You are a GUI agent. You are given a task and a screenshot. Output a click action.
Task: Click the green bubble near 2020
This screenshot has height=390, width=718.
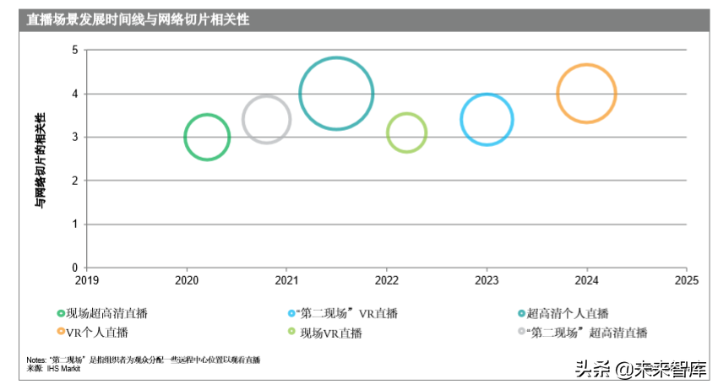(207, 137)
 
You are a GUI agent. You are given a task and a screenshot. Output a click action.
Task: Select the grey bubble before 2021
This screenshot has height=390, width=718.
(267, 120)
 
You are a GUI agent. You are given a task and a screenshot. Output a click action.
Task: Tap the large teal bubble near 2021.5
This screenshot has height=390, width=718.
(336, 94)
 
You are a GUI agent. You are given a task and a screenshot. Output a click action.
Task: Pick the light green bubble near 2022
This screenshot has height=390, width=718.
(406, 133)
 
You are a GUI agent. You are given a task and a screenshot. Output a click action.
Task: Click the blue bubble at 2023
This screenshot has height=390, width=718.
(487, 120)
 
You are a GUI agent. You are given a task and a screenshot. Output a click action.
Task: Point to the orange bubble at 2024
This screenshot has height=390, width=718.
(586, 93)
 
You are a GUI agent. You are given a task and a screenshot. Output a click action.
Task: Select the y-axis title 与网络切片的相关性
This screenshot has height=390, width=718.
(40, 160)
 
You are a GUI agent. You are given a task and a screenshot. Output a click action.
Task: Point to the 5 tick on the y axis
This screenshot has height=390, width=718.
(74, 51)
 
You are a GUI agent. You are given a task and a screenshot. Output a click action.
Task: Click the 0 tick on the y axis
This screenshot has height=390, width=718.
(74, 268)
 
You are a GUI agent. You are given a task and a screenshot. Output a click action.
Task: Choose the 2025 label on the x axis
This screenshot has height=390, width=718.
(686, 280)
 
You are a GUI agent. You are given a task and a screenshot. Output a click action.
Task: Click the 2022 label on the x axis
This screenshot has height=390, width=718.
(386, 280)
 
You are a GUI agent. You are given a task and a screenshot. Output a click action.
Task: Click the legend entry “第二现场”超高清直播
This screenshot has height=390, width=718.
(587, 332)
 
